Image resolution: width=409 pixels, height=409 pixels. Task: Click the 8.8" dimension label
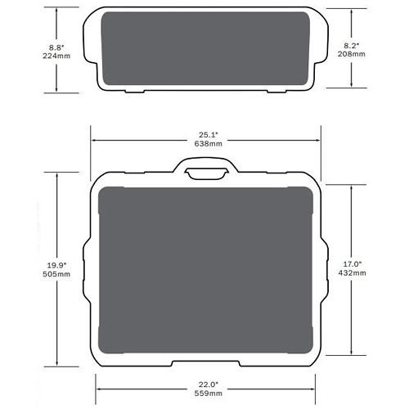56,47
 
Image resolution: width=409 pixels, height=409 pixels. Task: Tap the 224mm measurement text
56,56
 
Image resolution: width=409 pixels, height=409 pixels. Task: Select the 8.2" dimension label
352,46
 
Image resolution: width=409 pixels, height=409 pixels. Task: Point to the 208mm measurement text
352,54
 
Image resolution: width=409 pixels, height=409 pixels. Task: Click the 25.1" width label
209,135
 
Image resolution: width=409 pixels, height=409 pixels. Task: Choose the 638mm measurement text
209,143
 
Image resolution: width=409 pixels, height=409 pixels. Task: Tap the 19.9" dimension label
56,265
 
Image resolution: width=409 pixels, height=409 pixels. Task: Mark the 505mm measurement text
56,274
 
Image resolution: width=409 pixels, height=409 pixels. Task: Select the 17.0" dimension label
352,264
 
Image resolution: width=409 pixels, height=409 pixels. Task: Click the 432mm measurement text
352,272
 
